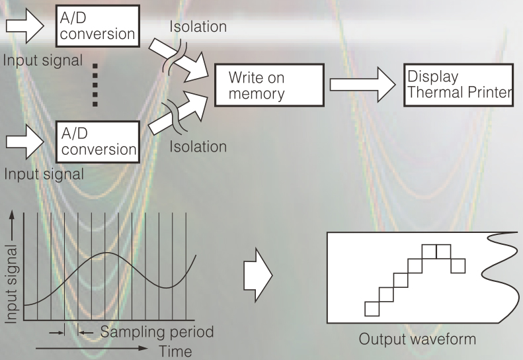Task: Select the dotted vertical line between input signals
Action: tap(95, 85)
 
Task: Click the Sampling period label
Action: tap(157, 331)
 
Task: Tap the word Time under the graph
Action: tap(175, 351)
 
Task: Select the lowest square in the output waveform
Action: tap(372, 308)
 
